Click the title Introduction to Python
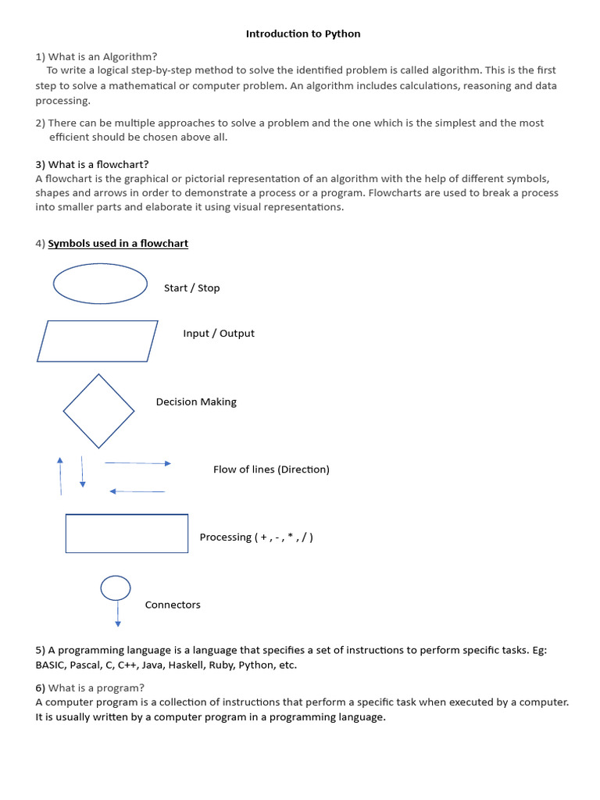(x=303, y=34)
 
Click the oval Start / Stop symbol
(x=100, y=283)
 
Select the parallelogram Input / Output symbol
(x=98, y=341)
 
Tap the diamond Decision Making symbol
(x=98, y=411)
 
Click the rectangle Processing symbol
(x=127, y=533)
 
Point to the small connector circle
(x=116, y=587)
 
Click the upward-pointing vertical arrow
(x=60, y=475)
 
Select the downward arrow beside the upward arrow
(x=82, y=473)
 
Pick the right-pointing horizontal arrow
(x=137, y=463)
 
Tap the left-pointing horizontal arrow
(x=137, y=491)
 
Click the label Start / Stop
(x=191, y=288)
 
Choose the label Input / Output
(x=219, y=334)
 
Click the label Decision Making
(x=196, y=402)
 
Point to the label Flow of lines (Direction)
(x=271, y=470)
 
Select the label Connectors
(x=173, y=605)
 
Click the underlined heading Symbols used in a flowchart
(x=118, y=244)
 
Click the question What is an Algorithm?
(x=102, y=56)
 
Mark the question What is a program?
(x=96, y=687)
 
